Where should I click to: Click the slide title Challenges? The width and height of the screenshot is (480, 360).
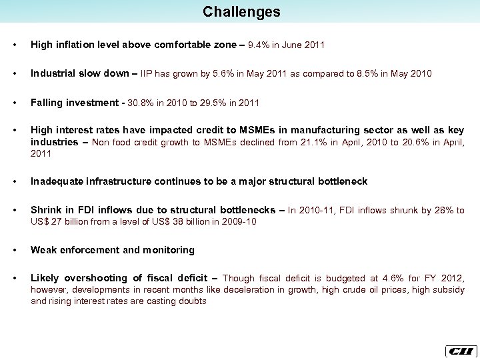[x=241, y=12]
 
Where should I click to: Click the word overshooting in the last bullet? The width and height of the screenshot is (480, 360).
[x=97, y=278]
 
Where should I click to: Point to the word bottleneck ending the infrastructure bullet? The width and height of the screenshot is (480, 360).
[x=341, y=181]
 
